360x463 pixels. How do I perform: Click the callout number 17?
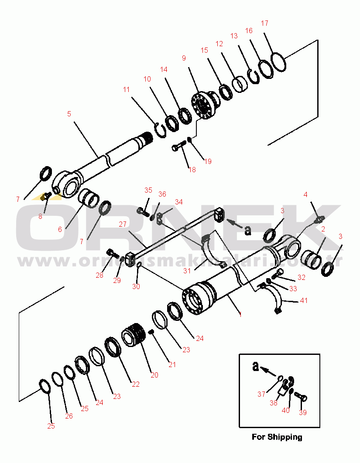tap(264, 23)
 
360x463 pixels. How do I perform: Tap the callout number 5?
tap(69, 114)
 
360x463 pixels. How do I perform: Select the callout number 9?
tap(184, 58)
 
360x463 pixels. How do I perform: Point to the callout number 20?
tap(154, 374)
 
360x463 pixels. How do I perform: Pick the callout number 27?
tap(122, 224)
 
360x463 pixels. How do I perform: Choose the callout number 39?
tap(302, 412)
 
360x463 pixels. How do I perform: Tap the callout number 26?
tap(69, 416)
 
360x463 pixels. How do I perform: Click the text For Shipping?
tap(277, 437)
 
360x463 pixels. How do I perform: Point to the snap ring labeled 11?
tap(161, 130)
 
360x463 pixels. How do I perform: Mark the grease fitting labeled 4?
tap(319, 218)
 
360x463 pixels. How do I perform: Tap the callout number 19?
tap(208, 161)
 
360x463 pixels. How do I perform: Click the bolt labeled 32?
tap(278, 274)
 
